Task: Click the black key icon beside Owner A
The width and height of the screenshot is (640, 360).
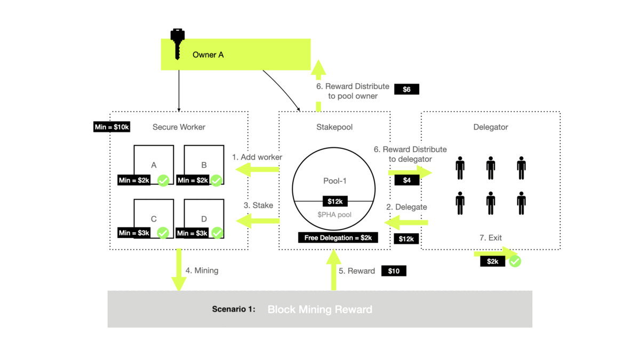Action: [x=178, y=43]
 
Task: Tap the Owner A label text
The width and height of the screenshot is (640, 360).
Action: [x=208, y=54]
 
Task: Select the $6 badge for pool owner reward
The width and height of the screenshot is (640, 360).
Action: [x=406, y=89]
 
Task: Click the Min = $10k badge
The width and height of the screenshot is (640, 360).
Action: [x=112, y=127]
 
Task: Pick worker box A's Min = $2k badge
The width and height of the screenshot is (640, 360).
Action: [x=134, y=180]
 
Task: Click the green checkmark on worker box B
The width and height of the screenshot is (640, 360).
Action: [x=216, y=180]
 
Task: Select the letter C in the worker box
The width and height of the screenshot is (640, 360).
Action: [x=154, y=219]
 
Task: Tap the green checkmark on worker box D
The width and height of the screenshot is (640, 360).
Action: [x=217, y=233]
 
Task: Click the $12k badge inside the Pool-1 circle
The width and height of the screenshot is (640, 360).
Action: [x=334, y=201]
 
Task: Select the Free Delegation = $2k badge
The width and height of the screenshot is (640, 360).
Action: [x=338, y=237]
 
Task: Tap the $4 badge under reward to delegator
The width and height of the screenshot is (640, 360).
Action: [x=407, y=180]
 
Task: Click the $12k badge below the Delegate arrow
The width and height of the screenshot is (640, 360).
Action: [x=406, y=238]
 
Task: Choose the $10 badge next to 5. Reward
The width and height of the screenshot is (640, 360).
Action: [x=394, y=271]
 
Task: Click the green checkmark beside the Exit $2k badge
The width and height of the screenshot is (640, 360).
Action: [x=515, y=261]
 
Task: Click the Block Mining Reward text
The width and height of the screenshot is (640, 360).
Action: [x=319, y=309]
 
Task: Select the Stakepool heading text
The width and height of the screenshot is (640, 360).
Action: [x=334, y=127]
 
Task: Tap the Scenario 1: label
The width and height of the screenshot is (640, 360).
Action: [x=234, y=309]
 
